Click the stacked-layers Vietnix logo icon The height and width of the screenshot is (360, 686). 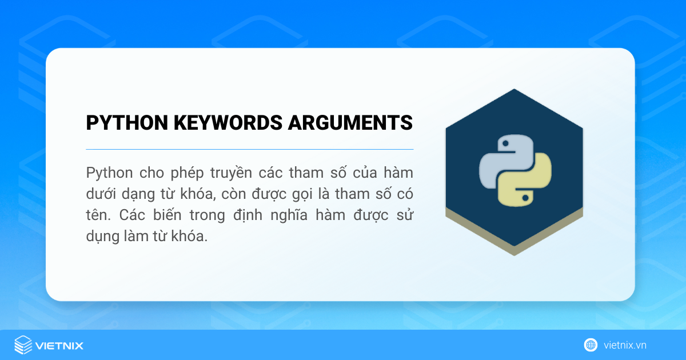click(x=23, y=345)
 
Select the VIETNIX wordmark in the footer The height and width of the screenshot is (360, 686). click(x=59, y=346)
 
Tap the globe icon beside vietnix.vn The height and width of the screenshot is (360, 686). click(x=591, y=345)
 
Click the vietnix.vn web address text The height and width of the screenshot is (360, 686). click(x=625, y=345)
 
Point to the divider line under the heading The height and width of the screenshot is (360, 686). click(x=249, y=149)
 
